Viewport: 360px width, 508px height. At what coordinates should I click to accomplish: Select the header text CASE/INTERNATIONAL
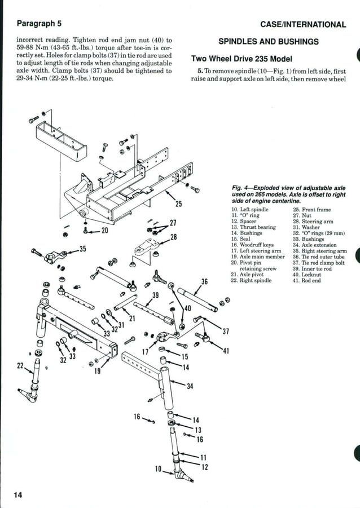[303, 24]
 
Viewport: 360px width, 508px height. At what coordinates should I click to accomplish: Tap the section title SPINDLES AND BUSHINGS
[268, 42]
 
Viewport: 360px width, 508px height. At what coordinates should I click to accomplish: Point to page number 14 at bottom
[18, 495]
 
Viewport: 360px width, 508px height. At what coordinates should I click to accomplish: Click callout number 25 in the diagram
[178, 204]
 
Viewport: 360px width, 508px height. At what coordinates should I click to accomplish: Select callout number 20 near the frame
[104, 231]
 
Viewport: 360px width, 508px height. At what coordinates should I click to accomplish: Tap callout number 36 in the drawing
[204, 281]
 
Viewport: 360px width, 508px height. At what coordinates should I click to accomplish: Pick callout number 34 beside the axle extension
[190, 386]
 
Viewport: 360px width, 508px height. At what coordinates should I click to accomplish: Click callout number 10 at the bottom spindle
[159, 469]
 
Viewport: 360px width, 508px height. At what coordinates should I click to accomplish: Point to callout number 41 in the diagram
[226, 351]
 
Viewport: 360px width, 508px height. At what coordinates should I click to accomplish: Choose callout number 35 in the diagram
[82, 248]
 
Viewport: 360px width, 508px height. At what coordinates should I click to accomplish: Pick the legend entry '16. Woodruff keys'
[252, 245]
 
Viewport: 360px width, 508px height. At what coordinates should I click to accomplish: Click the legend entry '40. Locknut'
[307, 275]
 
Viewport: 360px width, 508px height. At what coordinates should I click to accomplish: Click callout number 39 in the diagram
[155, 295]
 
